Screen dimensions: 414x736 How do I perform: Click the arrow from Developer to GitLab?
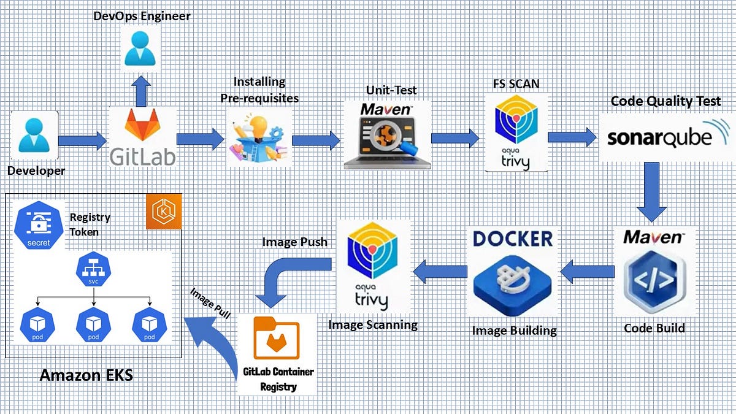coord(82,141)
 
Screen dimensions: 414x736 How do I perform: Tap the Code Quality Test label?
coord(665,101)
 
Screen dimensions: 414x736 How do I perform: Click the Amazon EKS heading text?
coord(86,374)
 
